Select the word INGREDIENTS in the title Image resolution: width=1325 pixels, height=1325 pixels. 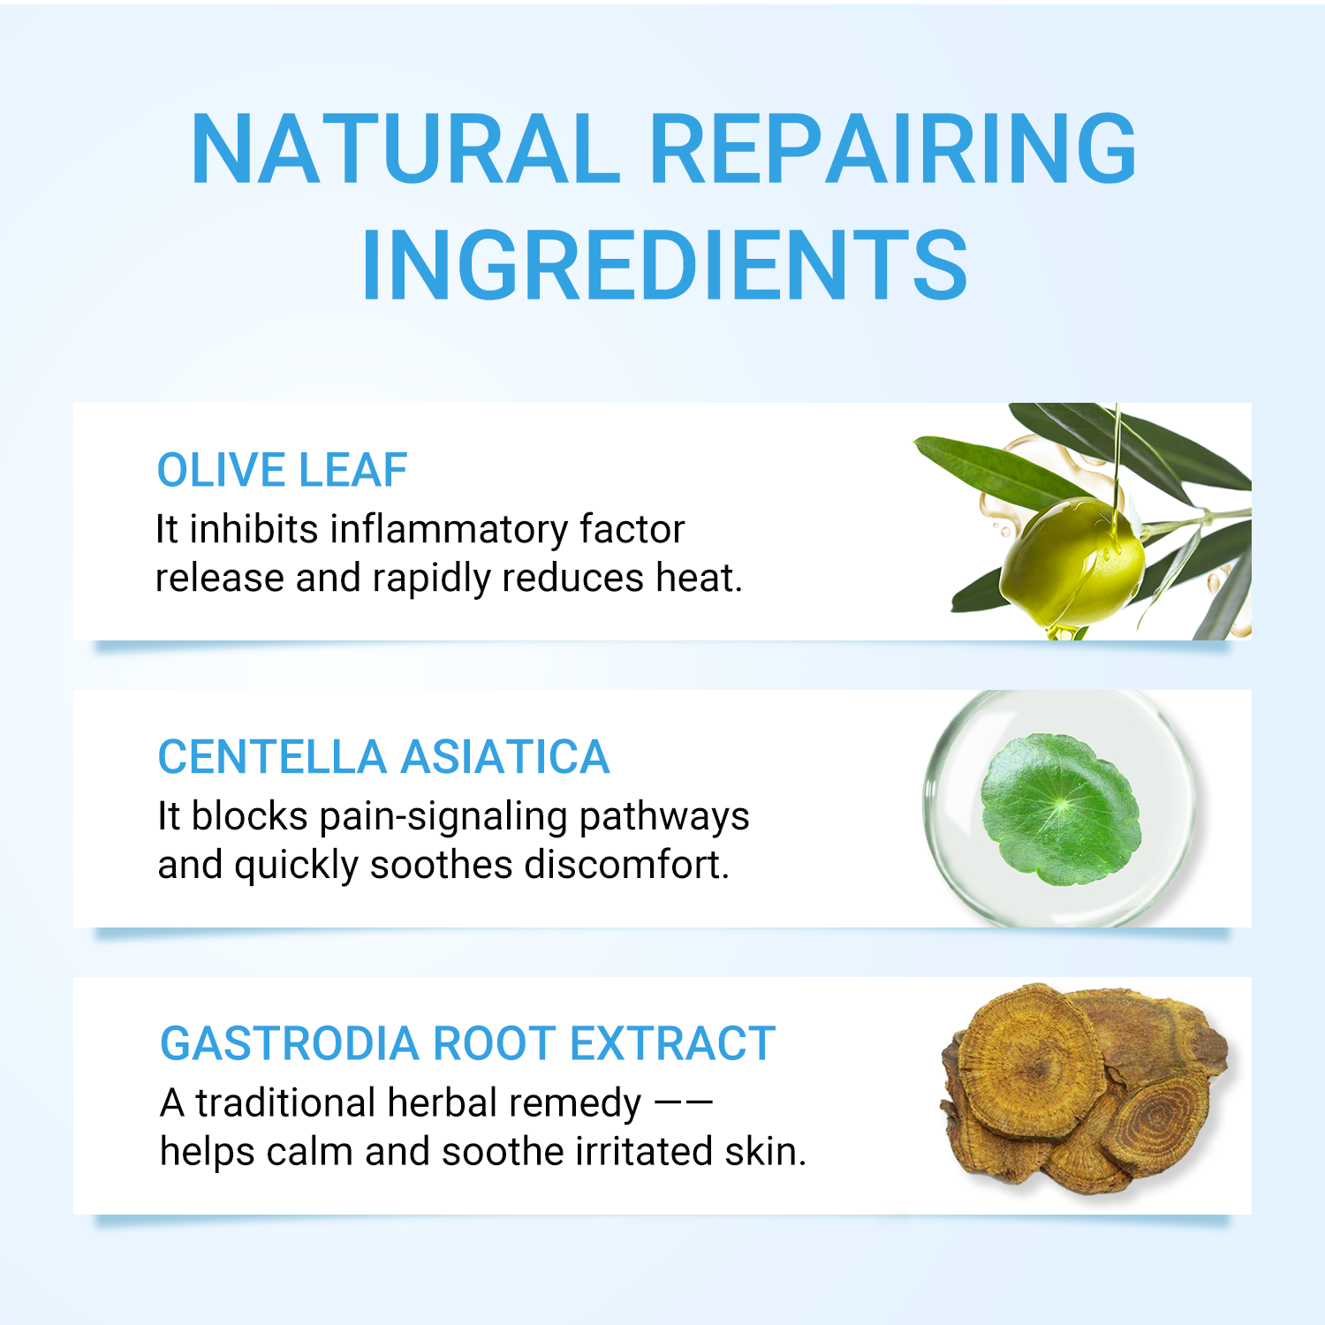pos(664,265)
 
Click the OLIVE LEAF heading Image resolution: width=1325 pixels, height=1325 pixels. pos(282,470)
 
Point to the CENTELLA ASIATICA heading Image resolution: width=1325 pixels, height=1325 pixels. pos(383,757)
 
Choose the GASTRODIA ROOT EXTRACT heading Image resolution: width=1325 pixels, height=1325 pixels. pos(467,1043)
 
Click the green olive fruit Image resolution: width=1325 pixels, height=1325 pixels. pos(1069,561)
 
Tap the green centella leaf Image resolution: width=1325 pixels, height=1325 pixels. pos(1060,808)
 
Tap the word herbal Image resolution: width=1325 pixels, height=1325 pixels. pos(443,1103)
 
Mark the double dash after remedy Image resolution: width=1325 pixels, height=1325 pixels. pos(683,1103)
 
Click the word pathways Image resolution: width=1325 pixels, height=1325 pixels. pos(664,817)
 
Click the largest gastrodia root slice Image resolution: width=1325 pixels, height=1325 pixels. pos(1029,1064)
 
